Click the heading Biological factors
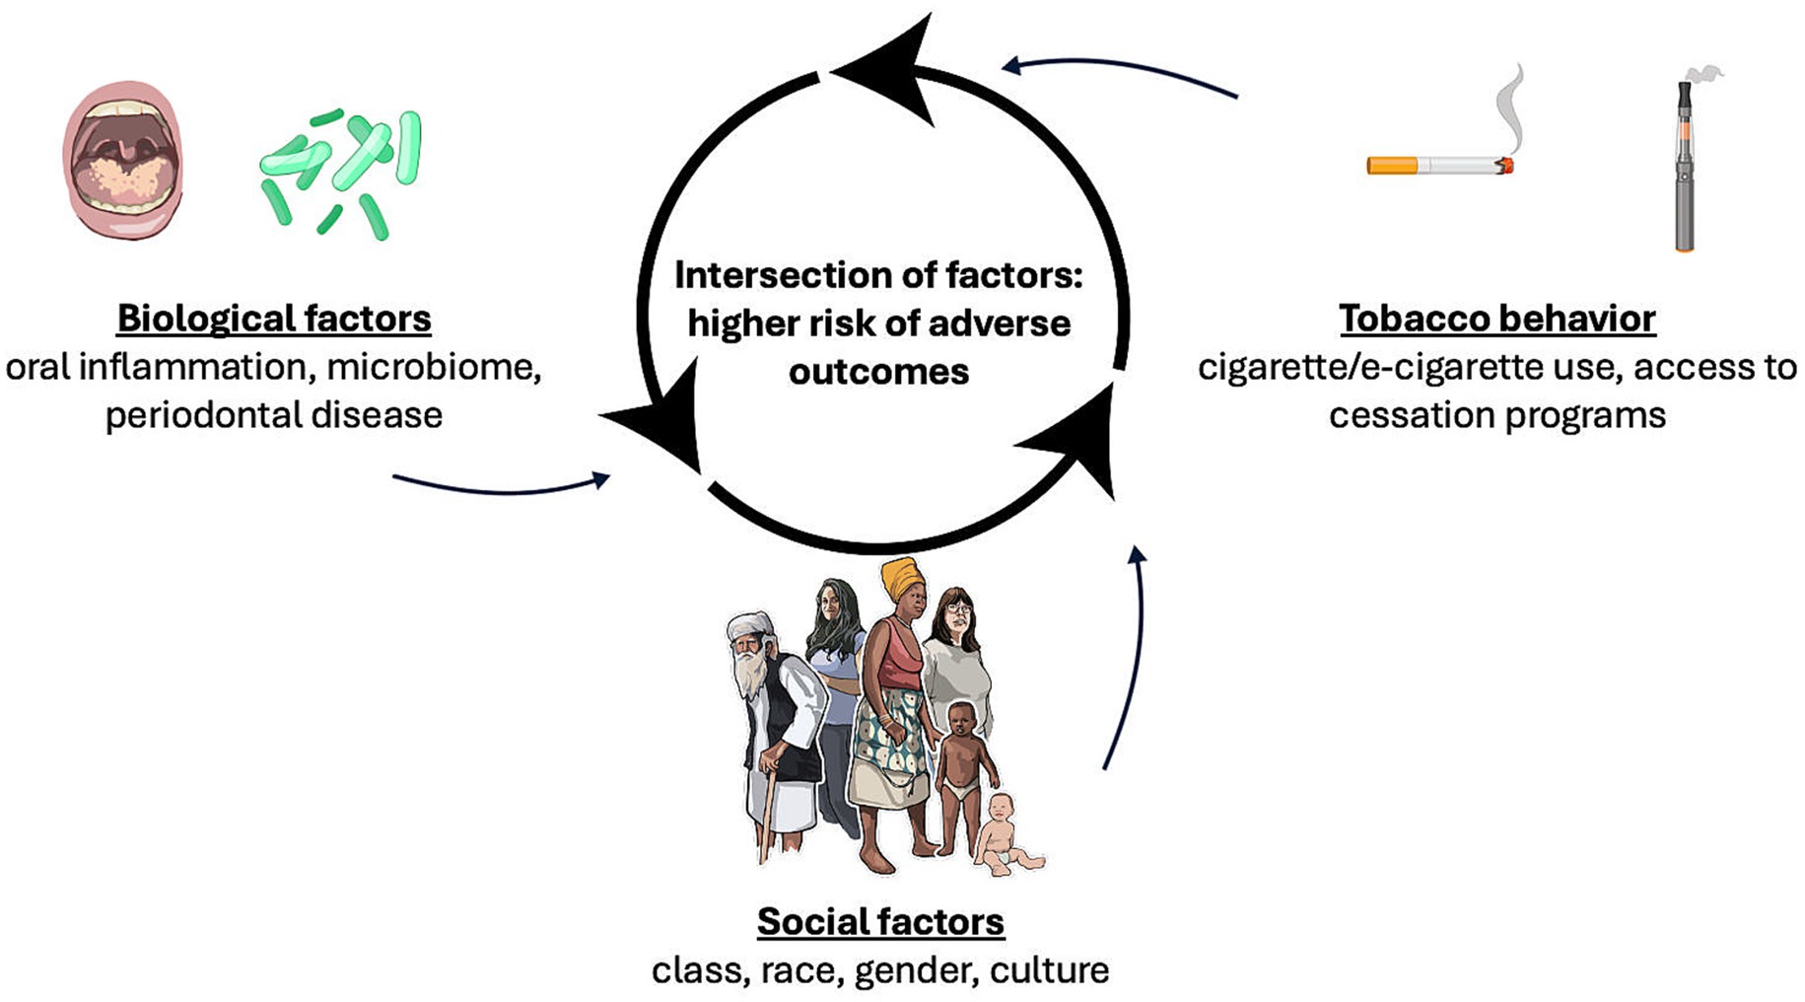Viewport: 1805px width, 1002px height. coord(274,319)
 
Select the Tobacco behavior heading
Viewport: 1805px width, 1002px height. coord(1496,319)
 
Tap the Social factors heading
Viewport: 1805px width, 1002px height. coord(880,921)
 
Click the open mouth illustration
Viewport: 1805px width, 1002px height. coord(123,161)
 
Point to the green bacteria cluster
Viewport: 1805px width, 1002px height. coord(341,173)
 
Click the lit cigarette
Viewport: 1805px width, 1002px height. coord(1439,166)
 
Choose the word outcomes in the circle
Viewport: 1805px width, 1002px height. coord(878,372)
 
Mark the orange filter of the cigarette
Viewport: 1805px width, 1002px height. coord(1391,166)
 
